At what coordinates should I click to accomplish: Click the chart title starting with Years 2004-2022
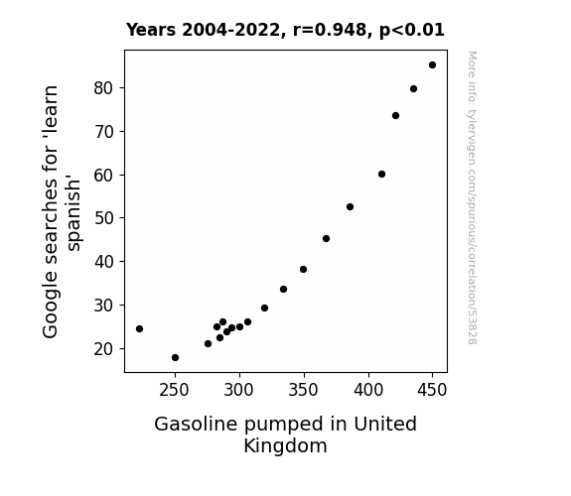coord(285,30)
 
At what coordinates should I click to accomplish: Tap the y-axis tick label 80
coord(103,88)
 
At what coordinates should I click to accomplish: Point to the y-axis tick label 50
coord(103,218)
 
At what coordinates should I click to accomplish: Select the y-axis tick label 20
coord(103,348)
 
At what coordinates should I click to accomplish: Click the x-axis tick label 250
coord(174,390)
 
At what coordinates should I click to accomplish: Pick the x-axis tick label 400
coord(368,390)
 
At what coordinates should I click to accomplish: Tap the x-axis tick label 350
coord(303,390)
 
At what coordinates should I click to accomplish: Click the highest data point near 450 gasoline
coord(432,65)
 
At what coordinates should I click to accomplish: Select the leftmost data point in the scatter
coord(139,329)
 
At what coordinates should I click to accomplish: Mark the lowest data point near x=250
coord(175,358)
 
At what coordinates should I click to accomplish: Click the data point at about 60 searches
coord(381,175)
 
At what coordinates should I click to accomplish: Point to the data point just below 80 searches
coord(413,89)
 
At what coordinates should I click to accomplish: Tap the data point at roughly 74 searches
coord(396,116)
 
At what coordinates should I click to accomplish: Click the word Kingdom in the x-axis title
coord(285,446)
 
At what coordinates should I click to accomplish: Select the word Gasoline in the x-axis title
coord(196,425)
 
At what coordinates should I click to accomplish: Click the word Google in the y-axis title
coord(51,306)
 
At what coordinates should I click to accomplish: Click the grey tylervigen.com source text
coord(472,197)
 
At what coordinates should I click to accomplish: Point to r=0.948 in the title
coord(330,30)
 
